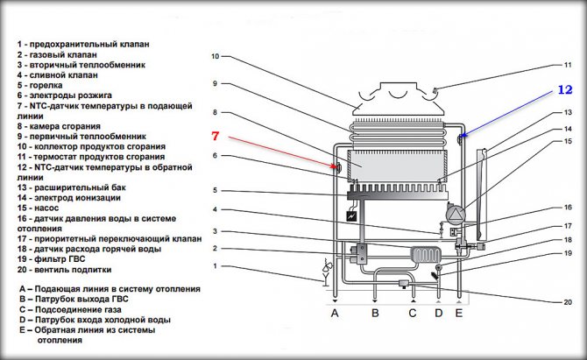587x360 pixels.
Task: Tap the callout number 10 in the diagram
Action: click(215, 56)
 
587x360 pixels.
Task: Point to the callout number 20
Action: click(568, 302)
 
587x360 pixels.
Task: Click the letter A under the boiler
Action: click(333, 314)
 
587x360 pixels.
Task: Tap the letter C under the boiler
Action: click(414, 314)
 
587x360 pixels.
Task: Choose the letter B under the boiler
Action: click(374, 314)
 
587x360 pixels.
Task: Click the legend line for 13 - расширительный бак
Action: click(78, 188)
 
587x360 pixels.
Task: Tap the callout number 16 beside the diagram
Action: click(568, 208)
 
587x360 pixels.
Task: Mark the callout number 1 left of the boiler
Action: click(215, 266)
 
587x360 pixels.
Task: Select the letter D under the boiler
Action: click(438, 314)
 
